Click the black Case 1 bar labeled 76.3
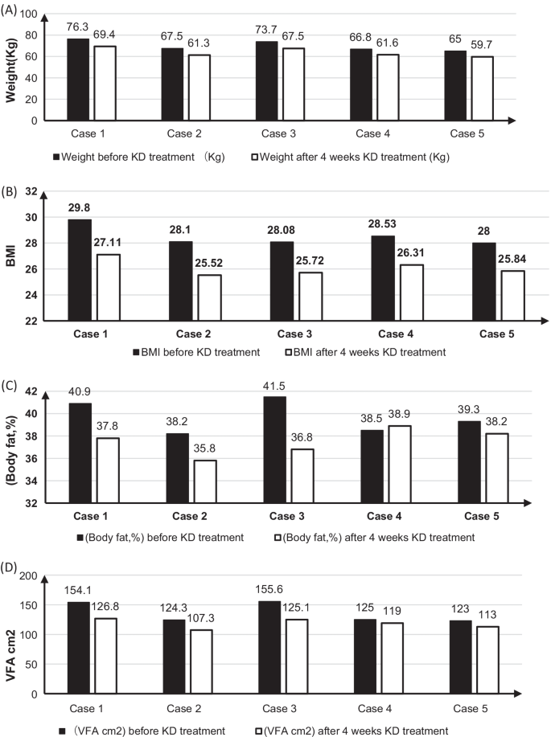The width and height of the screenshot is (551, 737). click(78, 80)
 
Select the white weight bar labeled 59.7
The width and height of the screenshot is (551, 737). click(483, 88)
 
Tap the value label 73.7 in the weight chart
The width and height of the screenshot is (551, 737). click(266, 30)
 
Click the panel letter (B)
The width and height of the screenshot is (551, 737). click(9, 192)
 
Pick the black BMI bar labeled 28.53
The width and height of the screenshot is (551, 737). click(383, 278)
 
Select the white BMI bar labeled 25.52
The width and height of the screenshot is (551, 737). click(209, 297)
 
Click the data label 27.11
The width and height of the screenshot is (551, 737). click(107, 243)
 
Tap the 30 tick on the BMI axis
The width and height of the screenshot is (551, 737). click(31, 218)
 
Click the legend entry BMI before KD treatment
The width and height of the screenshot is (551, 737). click(197, 352)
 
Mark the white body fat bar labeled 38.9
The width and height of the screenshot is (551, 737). click(399, 465)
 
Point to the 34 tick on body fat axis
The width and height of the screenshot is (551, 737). click(31, 481)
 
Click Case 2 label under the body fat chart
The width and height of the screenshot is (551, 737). click(190, 516)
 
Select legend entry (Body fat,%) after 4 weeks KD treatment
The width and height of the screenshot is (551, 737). click(375, 537)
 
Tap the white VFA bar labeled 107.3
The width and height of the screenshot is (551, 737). click(201, 661)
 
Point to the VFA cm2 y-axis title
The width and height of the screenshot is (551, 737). click(10, 656)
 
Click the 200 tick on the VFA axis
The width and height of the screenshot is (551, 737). click(28, 575)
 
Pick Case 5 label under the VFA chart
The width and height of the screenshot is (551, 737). click(471, 708)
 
